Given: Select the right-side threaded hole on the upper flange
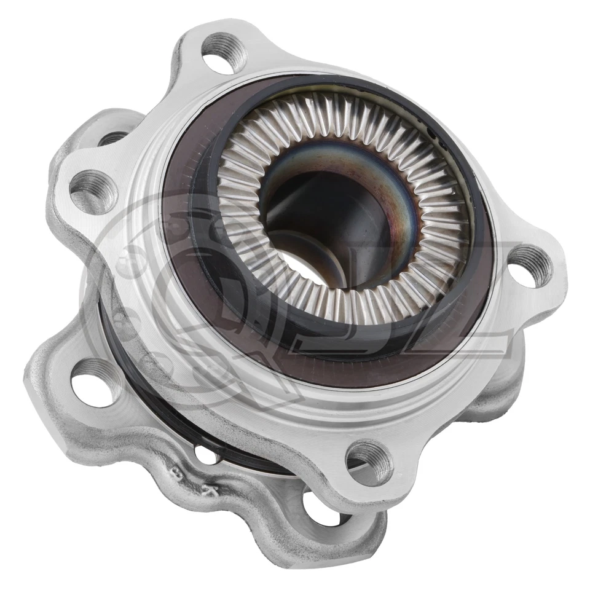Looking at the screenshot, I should coord(530,265).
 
